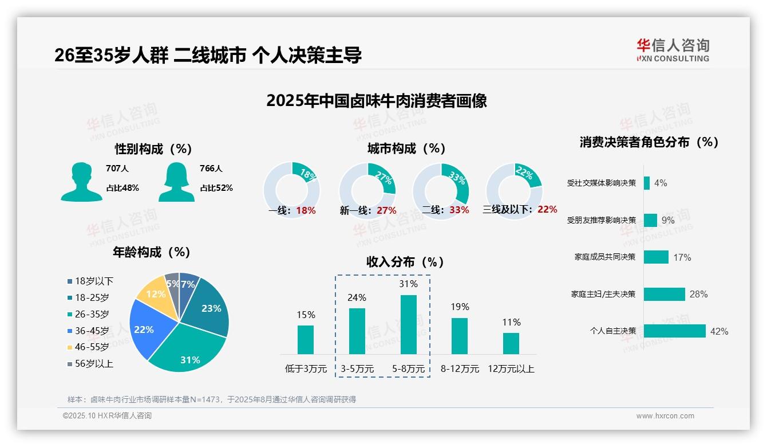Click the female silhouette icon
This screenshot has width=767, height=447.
point(176,182)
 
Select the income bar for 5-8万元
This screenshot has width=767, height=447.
point(408,324)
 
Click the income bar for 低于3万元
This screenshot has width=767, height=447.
point(306,339)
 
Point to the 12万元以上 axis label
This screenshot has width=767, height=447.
point(511,369)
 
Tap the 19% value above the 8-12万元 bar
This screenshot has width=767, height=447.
point(459,307)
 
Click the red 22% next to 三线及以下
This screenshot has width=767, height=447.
point(547,210)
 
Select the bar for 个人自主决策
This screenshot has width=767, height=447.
point(674,331)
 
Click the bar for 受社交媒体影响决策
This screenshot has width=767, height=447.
point(646,183)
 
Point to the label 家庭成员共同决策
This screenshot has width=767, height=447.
point(604,257)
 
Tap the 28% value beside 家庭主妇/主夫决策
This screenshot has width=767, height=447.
point(698,294)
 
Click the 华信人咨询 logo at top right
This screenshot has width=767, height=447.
point(673,50)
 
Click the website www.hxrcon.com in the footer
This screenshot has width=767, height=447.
point(665,416)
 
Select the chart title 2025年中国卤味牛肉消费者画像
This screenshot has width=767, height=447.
point(376,101)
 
